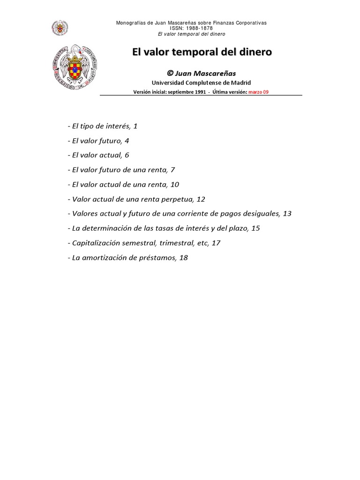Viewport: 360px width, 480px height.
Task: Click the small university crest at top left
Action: pyautogui.click(x=59, y=27)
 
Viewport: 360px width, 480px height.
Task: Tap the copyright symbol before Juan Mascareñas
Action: pyautogui.click(x=170, y=74)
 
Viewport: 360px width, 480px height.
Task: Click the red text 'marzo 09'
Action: pyautogui.click(x=259, y=92)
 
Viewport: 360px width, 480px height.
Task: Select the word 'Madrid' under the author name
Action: pyautogui.click(x=240, y=82)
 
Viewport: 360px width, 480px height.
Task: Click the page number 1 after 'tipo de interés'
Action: pyautogui.click(x=135, y=126)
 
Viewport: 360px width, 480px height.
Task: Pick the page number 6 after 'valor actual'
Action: pyautogui.click(x=127, y=155)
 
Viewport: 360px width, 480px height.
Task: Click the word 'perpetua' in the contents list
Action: pyautogui.click(x=179, y=199)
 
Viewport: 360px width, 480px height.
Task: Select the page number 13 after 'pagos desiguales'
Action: pyautogui.click(x=287, y=214)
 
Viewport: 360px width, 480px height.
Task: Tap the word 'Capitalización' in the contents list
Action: pyautogui.click(x=96, y=243)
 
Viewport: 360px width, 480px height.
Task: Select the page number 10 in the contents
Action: pyautogui.click(x=175, y=185)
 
